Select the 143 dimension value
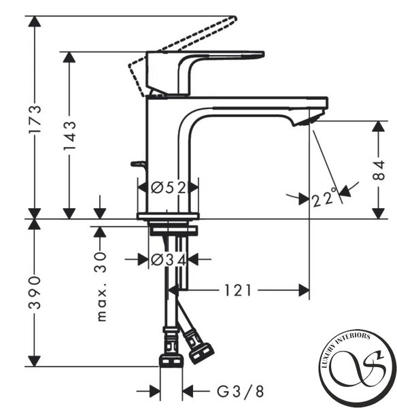(x=70, y=135)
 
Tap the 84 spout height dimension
(x=379, y=170)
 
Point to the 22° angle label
(x=324, y=197)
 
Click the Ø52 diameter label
(x=169, y=188)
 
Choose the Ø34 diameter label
(x=169, y=260)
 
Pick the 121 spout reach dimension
(x=238, y=290)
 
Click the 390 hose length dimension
(x=35, y=292)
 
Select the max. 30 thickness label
(x=101, y=286)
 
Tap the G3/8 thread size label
(x=241, y=391)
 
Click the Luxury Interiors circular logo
(x=357, y=367)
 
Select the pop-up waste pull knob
(x=138, y=164)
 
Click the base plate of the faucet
(x=168, y=216)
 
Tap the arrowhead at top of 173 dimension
(x=35, y=21)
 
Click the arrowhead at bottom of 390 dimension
(x=35, y=361)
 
